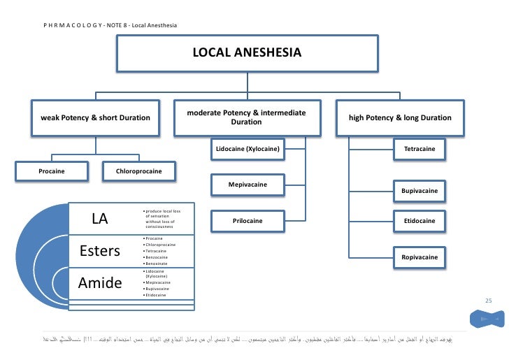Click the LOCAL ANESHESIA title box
(x=247, y=53)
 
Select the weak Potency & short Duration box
(x=96, y=117)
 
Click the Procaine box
(x=52, y=171)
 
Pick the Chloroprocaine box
(x=140, y=171)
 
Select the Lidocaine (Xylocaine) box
(x=248, y=149)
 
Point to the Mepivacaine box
(x=248, y=185)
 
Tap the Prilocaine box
(x=248, y=221)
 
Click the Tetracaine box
(x=419, y=149)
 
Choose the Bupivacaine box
(x=419, y=190)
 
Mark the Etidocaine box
(x=419, y=221)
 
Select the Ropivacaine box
(x=419, y=257)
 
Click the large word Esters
(x=101, y=251)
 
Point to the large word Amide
(x=101, y=282)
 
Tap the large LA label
(x=100, y=219)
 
